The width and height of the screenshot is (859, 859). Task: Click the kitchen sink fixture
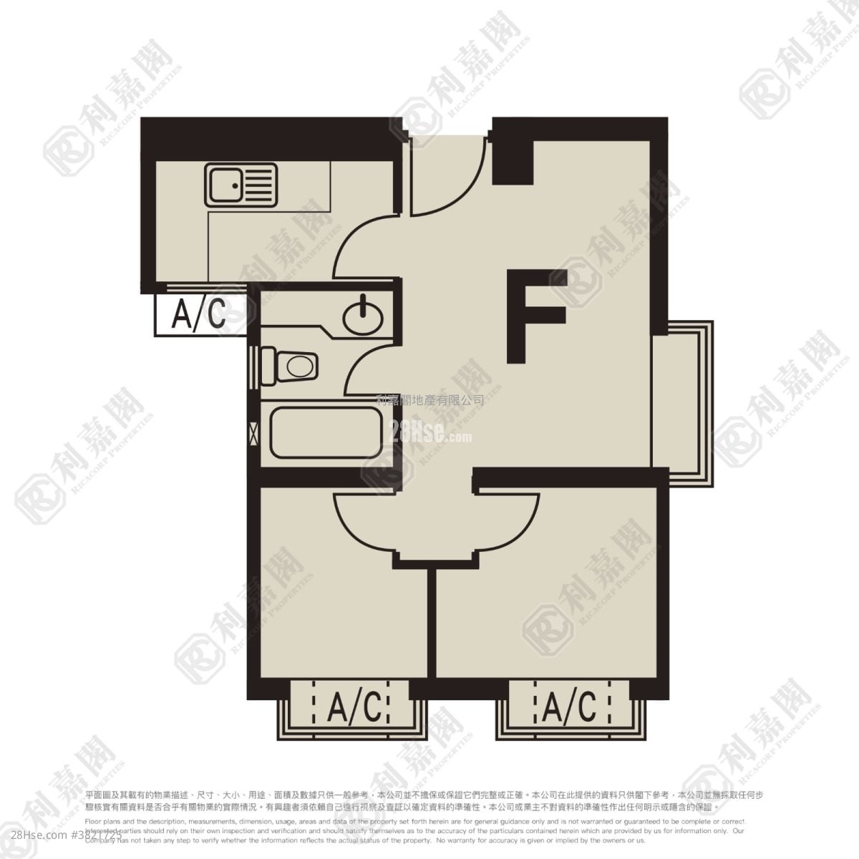pos(241,185)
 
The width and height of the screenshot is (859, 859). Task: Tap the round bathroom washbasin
pos(363,314)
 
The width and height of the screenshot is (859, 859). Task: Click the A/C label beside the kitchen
pos(199,314)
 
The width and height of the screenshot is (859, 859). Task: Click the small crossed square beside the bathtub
pos(253,433)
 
